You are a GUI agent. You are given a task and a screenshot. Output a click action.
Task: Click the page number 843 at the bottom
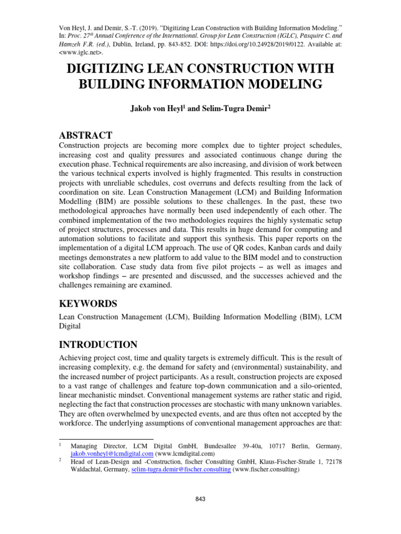pyautogui.click(x=200, y=499)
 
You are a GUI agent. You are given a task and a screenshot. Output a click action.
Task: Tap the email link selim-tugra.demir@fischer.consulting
pyautogui.click(x=181, y=469)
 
